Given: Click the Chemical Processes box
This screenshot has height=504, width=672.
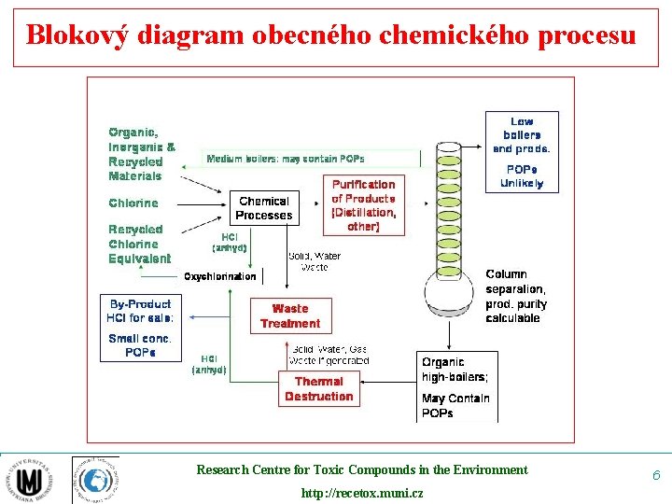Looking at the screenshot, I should [264, 208].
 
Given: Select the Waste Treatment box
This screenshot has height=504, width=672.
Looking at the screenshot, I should [289, 315].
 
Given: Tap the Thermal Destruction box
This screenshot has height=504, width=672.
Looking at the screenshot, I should [318, 388].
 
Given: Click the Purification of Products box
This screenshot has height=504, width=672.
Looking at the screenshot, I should [363, 205].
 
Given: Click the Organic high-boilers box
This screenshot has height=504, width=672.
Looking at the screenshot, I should [456, 386].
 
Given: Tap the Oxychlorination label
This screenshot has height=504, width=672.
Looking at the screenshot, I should [219, 276].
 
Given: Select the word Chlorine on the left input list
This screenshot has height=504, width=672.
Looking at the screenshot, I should [133, 203].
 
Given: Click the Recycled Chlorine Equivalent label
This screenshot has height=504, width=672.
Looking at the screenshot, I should [139, 244].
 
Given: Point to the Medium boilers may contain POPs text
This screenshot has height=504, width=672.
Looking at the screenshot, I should [285, 159].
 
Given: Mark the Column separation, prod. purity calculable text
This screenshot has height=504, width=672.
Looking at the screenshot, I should [516, 296].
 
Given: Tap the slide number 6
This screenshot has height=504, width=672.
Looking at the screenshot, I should [656, 476].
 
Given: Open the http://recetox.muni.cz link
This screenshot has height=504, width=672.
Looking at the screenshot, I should [361, 493].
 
